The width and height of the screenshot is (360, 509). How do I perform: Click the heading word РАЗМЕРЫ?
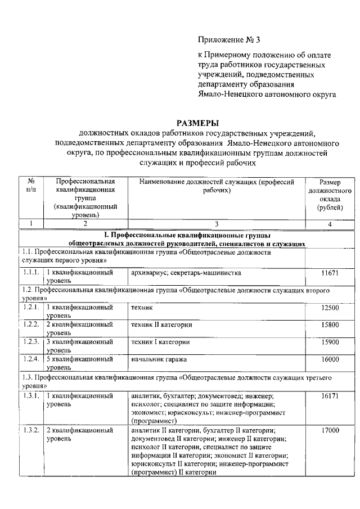coord(197,123)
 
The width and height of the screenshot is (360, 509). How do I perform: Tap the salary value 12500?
coord(330,308)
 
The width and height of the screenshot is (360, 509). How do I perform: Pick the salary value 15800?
coord(330,325)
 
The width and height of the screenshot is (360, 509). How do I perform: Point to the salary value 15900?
coord(330,342)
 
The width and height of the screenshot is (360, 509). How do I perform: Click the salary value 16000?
coord(330,359)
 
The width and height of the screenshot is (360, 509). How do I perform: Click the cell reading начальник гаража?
coord(158,359)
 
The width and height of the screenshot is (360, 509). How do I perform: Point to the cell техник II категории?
coord(161,325)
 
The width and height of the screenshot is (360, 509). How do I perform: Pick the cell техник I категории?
coord(160,342)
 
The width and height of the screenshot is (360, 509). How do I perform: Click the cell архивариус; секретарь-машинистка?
coord(186,273)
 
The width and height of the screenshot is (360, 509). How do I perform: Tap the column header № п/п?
coord(31,186)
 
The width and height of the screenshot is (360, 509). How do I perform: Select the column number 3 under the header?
coord(217,224)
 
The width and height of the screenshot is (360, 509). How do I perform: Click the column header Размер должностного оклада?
coord(330,195)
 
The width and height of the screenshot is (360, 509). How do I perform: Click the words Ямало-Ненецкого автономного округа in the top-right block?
coord(267,94)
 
